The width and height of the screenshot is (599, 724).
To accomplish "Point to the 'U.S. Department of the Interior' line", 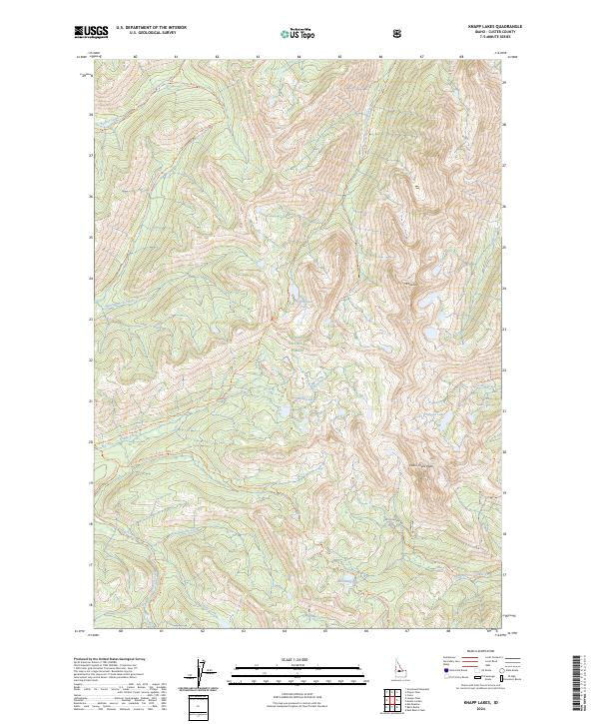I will point(150,28).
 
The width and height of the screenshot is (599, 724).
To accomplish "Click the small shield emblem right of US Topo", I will point(342,33).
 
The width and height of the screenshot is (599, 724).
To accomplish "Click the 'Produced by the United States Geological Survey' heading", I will point(110,660).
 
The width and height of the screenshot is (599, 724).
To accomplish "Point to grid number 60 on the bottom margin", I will point(120,631).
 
